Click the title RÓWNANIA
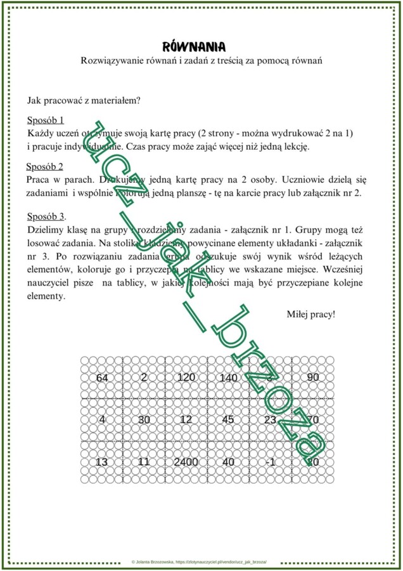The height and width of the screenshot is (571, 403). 195,47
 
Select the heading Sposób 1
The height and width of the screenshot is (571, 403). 46,120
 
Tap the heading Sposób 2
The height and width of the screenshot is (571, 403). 45,167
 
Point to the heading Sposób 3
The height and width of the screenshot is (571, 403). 46,216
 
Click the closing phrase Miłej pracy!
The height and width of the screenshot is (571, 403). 311,314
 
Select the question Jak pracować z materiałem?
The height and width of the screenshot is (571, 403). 84,100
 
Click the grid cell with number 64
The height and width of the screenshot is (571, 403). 101,377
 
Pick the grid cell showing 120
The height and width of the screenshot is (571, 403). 186,377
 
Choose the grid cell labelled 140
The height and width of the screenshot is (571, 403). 228,378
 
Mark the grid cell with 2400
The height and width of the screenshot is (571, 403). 186,462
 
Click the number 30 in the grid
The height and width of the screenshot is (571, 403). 144,419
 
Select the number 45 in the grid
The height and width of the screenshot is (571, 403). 228,419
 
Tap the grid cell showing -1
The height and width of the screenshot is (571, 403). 270,462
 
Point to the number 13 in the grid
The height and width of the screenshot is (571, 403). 101,462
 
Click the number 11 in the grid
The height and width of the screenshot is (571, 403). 144,462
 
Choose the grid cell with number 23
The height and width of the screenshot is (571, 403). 270,419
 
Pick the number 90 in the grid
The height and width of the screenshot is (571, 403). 312,377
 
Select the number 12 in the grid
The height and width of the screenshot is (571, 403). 186,419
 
